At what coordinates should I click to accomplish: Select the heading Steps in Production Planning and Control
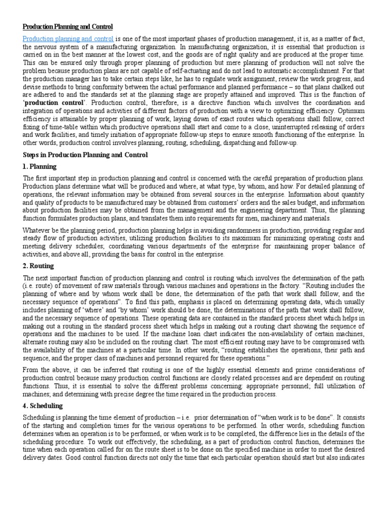85,155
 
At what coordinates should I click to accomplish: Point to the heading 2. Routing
38,266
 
